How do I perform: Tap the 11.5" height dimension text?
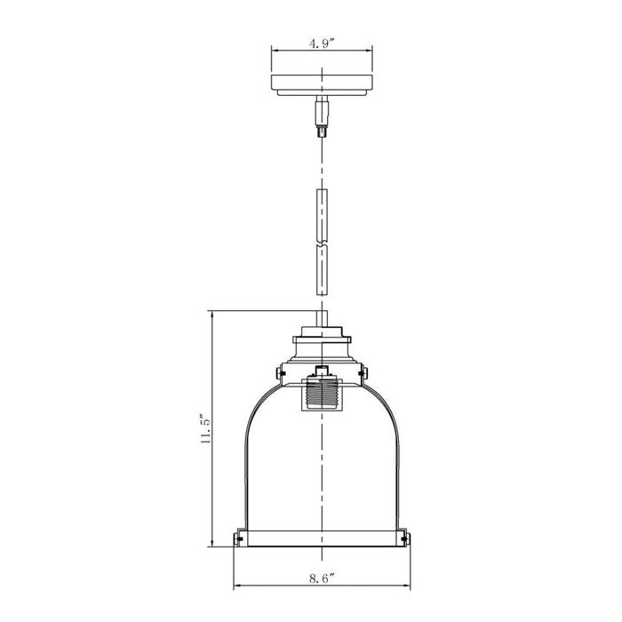206,429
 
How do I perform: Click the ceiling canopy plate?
322,85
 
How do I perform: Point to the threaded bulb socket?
322,395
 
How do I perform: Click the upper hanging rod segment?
322,215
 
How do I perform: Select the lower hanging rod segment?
322,270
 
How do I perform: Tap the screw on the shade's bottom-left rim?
239,538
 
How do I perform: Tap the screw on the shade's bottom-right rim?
404,538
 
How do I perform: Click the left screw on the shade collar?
280,372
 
